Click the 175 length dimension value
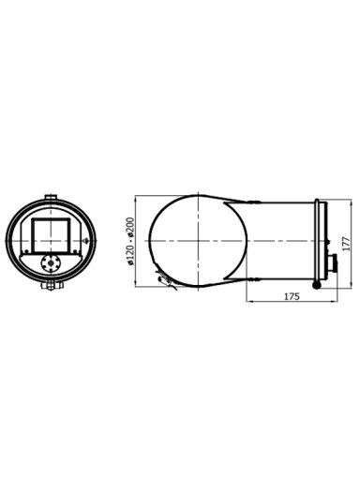click(x=292, y=296)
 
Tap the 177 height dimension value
click(x=346, y=244)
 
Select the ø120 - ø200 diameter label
click(x=130, y=241)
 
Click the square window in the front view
click(x=51, y=235)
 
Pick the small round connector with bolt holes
click(x=51, y=263)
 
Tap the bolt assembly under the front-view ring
click(x=52, y=286)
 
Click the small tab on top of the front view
click(x=51, y=197)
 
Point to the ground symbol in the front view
click(x=85, y=241)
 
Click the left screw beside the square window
click(x=26, y=251)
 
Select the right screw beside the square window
click(x=75, y=251)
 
